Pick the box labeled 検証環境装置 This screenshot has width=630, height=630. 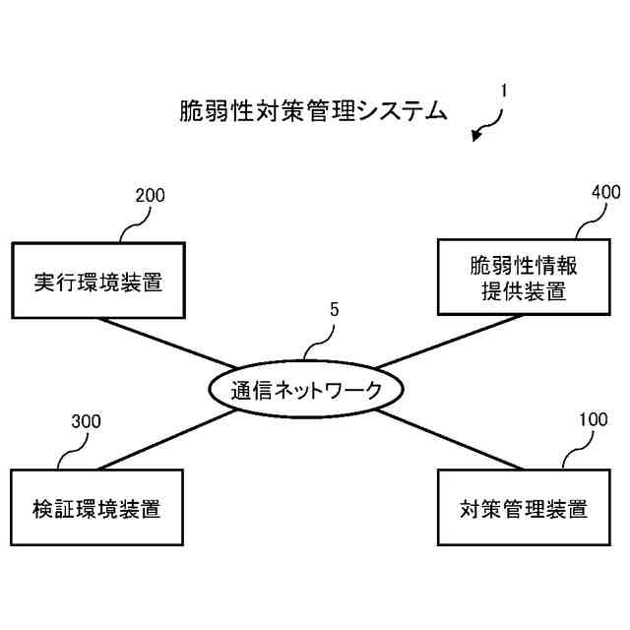[x=97, y=509]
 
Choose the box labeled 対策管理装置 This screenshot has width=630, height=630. [x=524, y=509]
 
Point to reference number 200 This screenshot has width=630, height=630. [x=150, y=195]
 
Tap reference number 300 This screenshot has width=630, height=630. [x=87, y=422]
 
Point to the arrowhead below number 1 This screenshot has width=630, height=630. [x=477, y=137]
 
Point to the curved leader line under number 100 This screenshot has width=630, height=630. [x=573, y=451]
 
